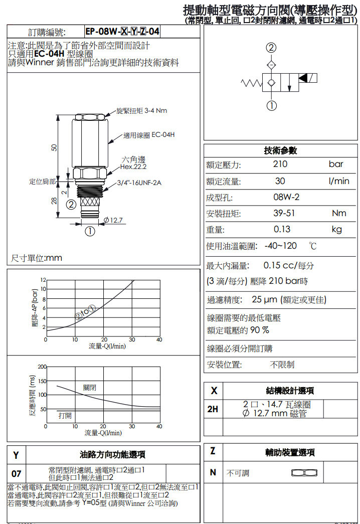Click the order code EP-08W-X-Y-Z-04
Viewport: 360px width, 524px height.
(x=122, y=32)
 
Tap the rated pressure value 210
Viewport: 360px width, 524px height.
(x=280, y=164)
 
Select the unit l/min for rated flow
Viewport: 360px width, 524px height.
(x=339, y=181)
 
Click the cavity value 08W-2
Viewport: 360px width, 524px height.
(x=286, y=198)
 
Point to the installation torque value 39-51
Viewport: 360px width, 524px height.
(x=284, y=214)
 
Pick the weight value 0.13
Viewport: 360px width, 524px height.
(x=282, y=230)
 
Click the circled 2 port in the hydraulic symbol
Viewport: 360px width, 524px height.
(x=271, y=48)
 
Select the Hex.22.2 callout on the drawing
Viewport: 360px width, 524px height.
(x=133, y=166)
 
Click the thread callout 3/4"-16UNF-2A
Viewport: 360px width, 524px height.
(x=139, y=183)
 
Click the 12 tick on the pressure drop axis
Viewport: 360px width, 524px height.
(x=43, y=279)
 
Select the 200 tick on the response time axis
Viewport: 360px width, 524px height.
(x=42, y=367)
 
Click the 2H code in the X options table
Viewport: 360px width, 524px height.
(x=213, y=409)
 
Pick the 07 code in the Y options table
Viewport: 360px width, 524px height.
(x=17, y=473)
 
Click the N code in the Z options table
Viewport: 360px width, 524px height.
(x=213, y=472)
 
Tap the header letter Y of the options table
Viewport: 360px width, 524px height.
(x=16, y=455)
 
